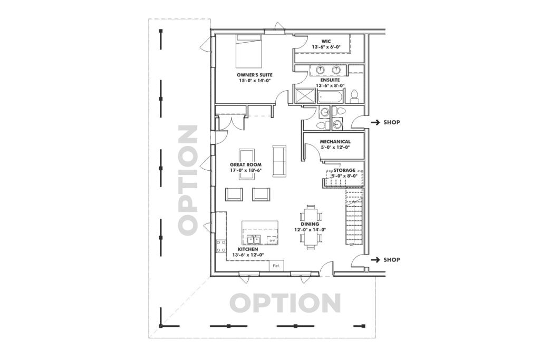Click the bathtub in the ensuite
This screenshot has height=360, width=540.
[331, 96]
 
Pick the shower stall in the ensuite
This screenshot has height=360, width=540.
[304, 96]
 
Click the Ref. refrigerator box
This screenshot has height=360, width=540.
[276, 266]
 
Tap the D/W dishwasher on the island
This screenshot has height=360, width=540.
[272, 240]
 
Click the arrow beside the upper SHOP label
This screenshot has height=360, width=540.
[375, 123]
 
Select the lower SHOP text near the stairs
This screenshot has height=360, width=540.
[392, 260]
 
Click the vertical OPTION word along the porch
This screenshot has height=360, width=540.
[187, 179]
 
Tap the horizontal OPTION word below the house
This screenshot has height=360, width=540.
[285, 303]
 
